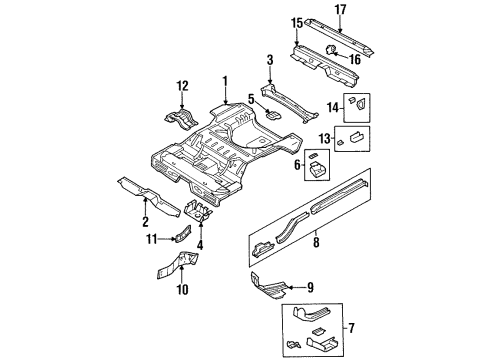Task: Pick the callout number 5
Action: click(x=251, y=99)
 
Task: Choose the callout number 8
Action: click(x=318, y=241)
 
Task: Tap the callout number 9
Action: click(x=310, y=287)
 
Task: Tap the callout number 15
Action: click(x=296, y=22)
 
